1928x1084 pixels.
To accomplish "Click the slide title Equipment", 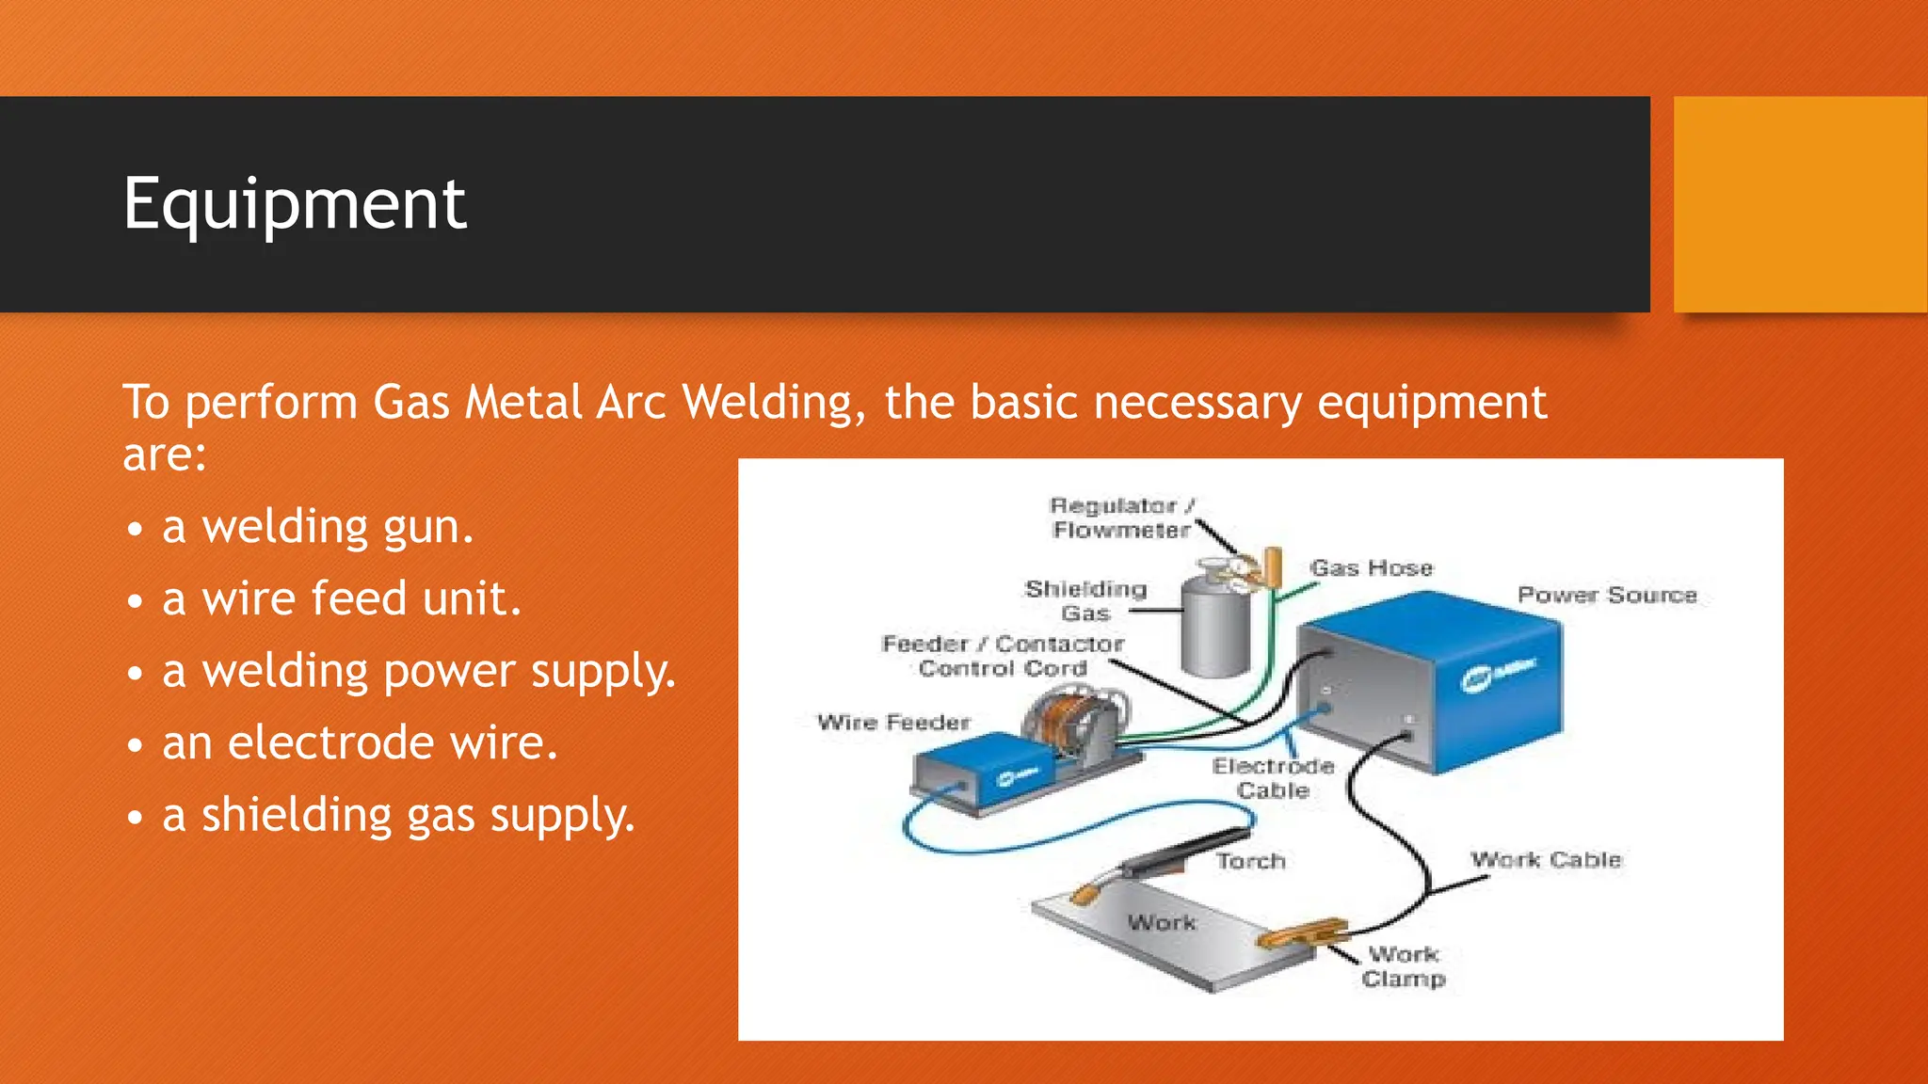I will [x=295, y=204].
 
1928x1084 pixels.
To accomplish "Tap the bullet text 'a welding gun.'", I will [x=317, y=526].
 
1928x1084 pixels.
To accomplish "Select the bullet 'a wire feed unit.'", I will [x=341, y=598].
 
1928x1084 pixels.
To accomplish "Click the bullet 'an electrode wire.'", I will [x=360, y=742].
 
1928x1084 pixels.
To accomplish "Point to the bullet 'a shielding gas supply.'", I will [x=398, y=815].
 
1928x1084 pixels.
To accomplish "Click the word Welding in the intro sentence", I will [x=767, y=403].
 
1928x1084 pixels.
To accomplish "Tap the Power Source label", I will [x=1606, y=595].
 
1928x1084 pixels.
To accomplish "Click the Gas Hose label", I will [x=1371, y=568].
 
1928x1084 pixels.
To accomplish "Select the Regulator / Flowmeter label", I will [x=1121, y=518].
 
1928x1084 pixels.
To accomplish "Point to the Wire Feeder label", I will [x=892, y=723].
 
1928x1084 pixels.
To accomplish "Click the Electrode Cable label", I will [x=1273, y=778].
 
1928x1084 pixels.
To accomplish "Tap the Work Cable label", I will [x=1546, y=859].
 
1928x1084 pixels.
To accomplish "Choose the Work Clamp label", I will [x=1403, y=966].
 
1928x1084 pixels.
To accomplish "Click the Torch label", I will [x=1250, y=861].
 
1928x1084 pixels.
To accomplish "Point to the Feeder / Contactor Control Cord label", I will [x=1003, y=656].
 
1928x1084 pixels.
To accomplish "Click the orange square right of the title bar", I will [x=1800, y=204].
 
